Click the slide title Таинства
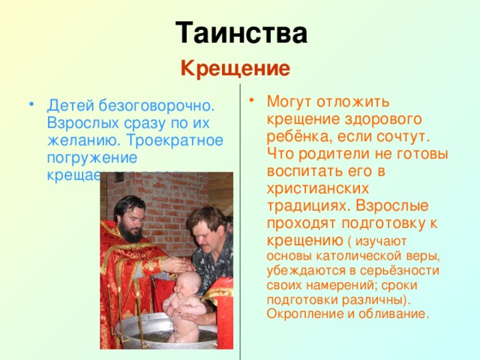pyautogui.click(x=241, y=34)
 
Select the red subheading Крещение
pyautogui.click(x=235, y=69)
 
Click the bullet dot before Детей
pyautogui.click(x=29, y=105)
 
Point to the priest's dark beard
pyautogui.click(x=132, y=229)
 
